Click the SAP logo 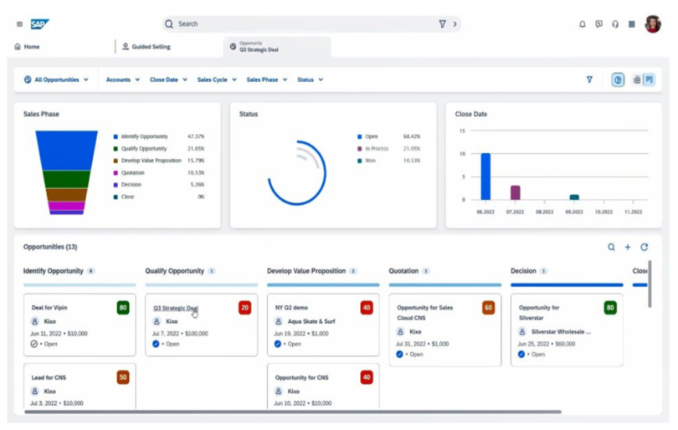[40, 24]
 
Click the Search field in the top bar [301, 24]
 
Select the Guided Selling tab [151, 47]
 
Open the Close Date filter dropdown [168, 79]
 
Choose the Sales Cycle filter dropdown [216, 79]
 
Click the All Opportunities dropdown [57, 79]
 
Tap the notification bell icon [583, 24]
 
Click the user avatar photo [653, 24]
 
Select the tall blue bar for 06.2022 [485, 177]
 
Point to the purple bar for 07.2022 [516, 192]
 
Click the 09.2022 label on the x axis [573, 212]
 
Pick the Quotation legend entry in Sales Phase [133, 172]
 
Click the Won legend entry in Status [369, 161]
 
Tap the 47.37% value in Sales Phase [197, 136]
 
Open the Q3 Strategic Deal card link [176, 308]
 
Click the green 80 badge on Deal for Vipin [123, 308]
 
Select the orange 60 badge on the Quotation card [488, 308]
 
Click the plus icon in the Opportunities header [628, 248]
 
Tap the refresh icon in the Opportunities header [644, 248]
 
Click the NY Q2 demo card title [291, 308]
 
